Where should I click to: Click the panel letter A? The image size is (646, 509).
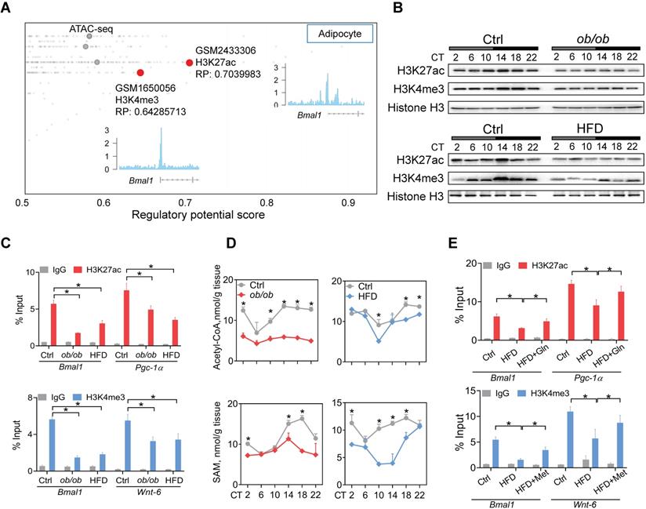(x=9, y=9)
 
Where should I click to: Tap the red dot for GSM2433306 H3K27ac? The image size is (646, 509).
(x=189, y=64)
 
